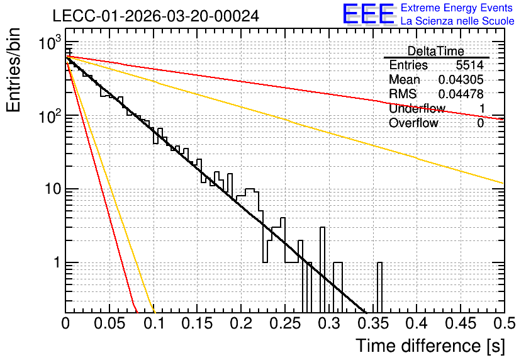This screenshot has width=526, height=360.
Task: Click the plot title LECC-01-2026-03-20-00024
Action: (155, 16)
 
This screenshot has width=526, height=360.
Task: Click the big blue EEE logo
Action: (369, 14)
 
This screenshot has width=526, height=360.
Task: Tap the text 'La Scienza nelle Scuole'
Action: (457, 21)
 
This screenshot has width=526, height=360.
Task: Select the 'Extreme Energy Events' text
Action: (457, 8)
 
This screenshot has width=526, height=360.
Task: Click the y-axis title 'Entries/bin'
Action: (13, 70)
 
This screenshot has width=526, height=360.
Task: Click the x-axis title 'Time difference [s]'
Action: (430, 346)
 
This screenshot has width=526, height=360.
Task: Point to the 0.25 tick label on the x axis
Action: (285, 323)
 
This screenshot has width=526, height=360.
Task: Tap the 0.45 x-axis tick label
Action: (461, 323)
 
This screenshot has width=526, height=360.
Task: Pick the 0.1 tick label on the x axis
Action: (154, 323)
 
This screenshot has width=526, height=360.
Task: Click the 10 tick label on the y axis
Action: (53, 189)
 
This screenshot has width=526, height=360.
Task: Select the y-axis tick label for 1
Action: (57, 262)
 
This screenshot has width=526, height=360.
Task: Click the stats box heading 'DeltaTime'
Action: (436, 51)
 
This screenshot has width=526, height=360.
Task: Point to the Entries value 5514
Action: (469, 65)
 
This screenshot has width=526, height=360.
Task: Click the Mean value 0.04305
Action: (461, 79)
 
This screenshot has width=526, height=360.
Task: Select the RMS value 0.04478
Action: (461, 94)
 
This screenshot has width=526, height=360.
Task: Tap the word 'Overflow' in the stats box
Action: (413, 123)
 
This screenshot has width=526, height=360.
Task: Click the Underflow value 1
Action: (482, 108)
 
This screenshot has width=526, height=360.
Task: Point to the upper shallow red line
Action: (284, 88)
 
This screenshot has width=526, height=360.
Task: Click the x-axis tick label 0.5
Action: (505, 323)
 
